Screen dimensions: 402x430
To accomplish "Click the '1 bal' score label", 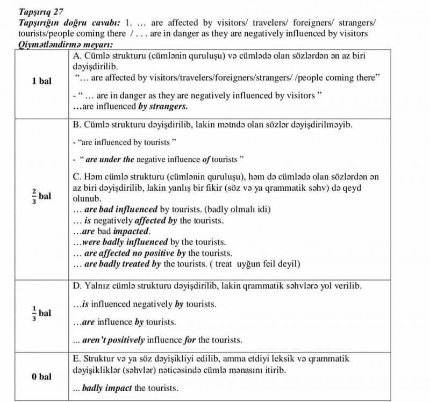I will click(x=41, y=81).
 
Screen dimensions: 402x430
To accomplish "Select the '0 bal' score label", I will click(x=41, y=376).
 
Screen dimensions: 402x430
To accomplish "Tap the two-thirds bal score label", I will click(x=41, y=196).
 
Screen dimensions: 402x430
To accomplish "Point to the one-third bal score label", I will click(x=41, y=312).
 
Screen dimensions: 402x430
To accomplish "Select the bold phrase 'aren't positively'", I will click(x=114, y=340).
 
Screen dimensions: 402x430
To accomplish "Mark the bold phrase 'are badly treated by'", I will click(x=123, y=263).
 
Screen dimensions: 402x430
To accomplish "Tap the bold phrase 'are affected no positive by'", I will click(x=135, y=253).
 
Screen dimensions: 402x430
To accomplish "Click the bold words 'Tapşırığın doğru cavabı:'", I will click(x=69, y=23).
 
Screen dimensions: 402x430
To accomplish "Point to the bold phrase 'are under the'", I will click(x=110, y=160).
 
